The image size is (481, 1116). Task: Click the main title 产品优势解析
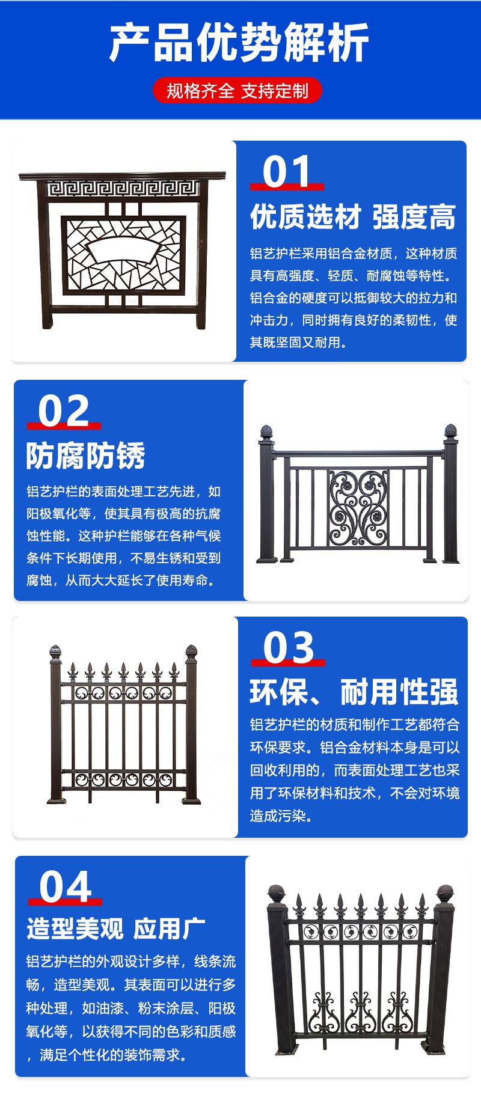coord(239,43)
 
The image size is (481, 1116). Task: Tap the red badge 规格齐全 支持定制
coord(237,91)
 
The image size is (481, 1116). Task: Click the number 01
coord(286,172)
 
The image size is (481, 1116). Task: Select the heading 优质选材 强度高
coord(353,218)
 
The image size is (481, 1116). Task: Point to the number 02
coord(64,411)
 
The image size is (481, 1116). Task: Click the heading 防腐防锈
coord(85,456)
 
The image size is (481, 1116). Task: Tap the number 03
coord(289,648)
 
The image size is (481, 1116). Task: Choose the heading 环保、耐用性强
coord(354,692)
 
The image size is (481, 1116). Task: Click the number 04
coord(66,887)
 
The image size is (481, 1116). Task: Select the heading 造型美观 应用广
coord(116,929)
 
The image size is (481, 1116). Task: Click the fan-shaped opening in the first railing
coord(124,249)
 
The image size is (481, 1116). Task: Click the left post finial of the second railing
coord(266,432)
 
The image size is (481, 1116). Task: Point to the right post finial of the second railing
coord(450,431)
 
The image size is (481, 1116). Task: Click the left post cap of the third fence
coord(55,654)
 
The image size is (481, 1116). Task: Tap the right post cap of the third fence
coord(191,654)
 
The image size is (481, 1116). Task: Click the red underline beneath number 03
coord(288,662)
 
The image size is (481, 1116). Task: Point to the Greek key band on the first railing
coord(123,189)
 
